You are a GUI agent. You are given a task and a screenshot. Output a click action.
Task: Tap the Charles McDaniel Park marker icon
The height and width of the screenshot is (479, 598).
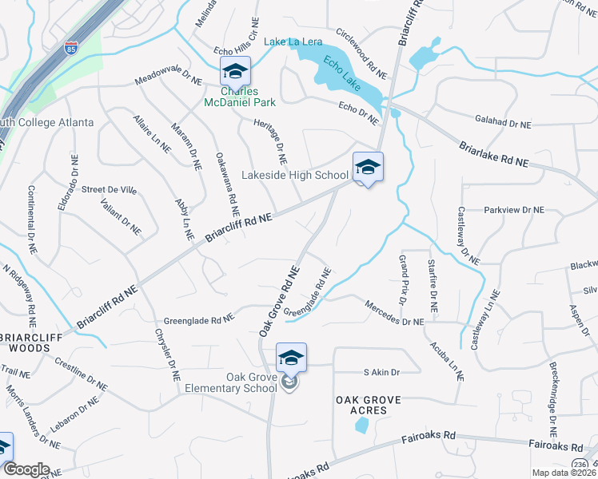pos(236,73)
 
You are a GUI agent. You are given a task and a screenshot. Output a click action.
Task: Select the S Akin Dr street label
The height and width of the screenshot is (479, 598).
pos(381,372)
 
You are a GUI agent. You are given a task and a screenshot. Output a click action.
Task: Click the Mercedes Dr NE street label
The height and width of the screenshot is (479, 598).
pos(393,314)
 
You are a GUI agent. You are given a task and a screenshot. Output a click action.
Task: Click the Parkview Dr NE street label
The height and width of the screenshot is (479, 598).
pos(513,210)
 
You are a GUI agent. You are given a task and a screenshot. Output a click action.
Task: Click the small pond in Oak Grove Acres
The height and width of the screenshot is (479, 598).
pos(361,425)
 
